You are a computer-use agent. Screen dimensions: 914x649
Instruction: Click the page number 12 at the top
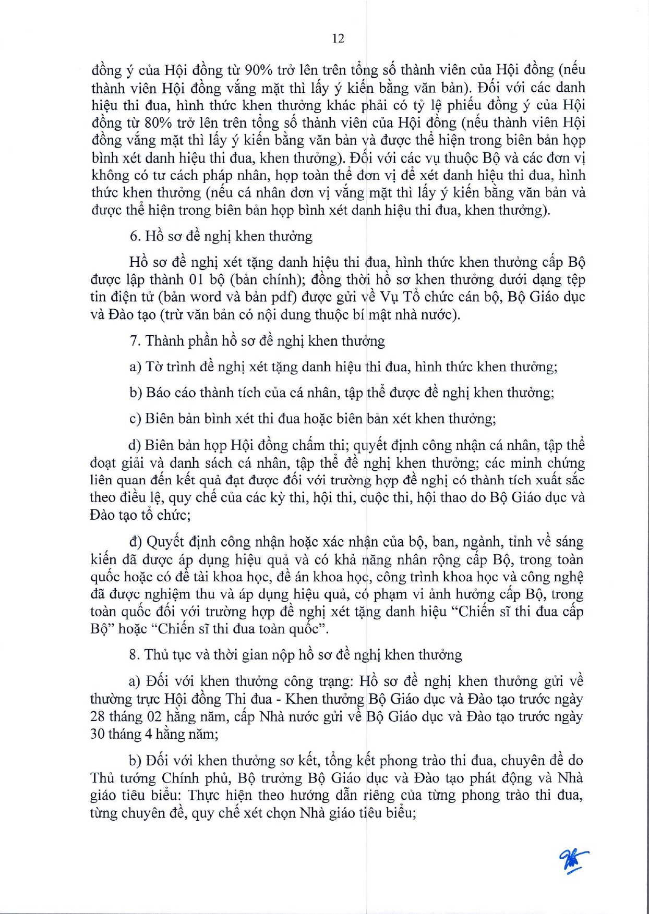click(x=338, y=38)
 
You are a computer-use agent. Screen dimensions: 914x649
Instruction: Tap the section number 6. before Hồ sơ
click(x=135, y=236)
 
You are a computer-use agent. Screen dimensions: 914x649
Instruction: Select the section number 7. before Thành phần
click(x=135, y=341)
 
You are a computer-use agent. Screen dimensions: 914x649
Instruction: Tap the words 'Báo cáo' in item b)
click(x=173, y=393)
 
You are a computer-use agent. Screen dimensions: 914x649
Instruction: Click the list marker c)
click(x=135, y=419)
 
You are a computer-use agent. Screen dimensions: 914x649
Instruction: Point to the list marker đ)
click(x=136, y=542)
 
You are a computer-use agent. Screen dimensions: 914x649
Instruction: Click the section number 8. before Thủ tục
click(x=135, y=655)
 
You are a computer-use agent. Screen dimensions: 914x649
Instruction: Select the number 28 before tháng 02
click(x=98, y=717)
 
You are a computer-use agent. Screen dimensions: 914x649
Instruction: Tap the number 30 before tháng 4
click(x=98, y=735)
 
